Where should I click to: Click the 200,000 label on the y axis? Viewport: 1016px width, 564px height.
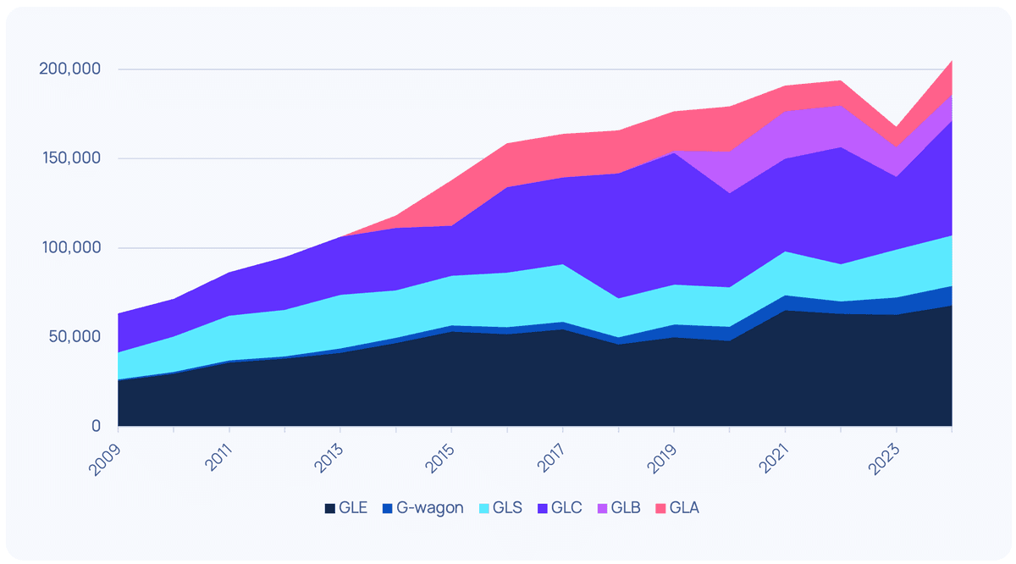pos(70,69)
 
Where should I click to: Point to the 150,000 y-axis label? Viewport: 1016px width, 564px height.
pos(70,158)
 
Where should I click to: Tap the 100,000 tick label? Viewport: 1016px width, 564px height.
pos(70,248)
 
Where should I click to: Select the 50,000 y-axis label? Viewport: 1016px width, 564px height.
pos(75,337)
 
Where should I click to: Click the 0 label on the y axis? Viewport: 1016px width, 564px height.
pos(97,427)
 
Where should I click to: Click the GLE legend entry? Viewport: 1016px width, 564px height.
pos(345,509)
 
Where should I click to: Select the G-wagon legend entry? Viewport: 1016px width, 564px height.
pos(422,509)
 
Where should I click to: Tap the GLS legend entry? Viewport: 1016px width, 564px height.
pos(500,509)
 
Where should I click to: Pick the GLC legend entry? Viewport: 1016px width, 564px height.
pos(560,509)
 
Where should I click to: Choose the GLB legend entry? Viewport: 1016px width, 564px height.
pos(619,509)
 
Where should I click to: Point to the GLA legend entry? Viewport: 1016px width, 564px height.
pos(677,509)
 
